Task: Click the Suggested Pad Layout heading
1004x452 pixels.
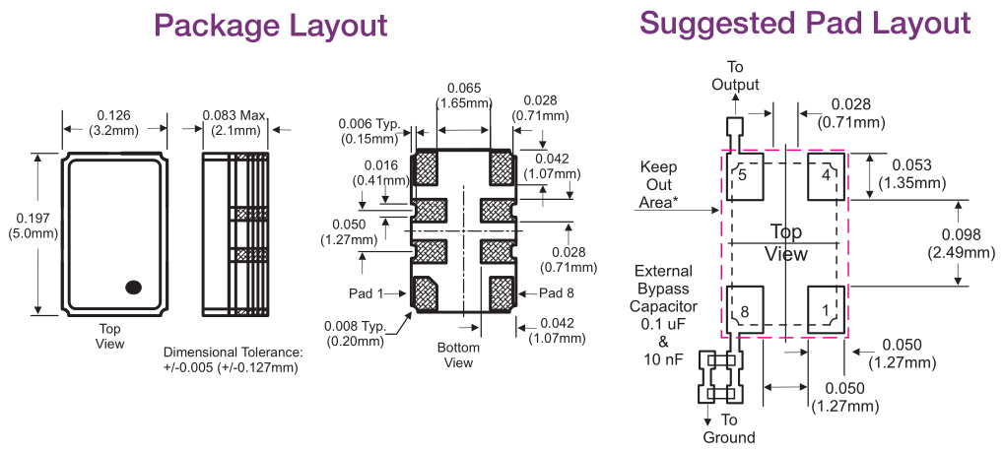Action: coord(805,23)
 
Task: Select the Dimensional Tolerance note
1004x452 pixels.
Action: coord(234,360)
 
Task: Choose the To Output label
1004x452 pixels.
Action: coord(735,76)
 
